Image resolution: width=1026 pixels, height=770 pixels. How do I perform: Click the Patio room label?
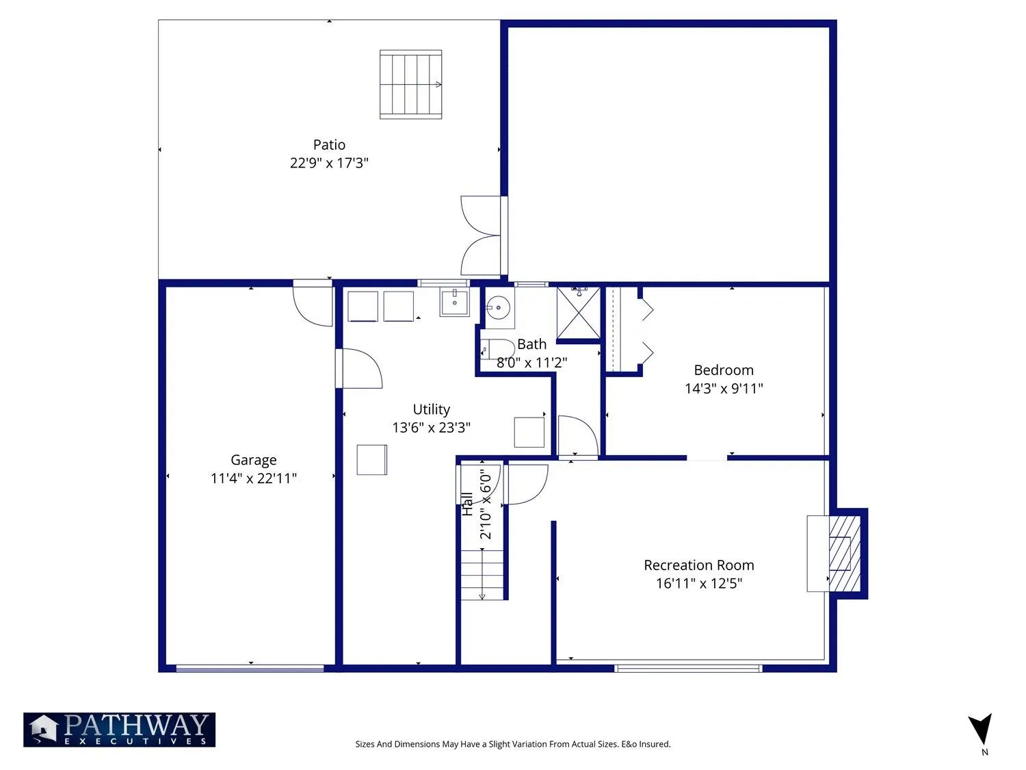coord(329,144)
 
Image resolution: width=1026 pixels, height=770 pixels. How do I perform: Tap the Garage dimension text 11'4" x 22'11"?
coord(254,478)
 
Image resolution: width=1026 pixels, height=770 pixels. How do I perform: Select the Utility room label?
coord(432,409)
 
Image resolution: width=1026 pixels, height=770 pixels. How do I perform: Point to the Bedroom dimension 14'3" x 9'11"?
coord(724,389)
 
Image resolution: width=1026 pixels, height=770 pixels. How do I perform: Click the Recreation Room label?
coord(699,565)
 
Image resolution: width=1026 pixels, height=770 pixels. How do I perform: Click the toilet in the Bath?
coord(491,349)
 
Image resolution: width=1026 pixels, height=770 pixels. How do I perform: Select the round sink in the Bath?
coord(498,307)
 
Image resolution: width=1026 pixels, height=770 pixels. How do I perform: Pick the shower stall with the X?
coord(578,313)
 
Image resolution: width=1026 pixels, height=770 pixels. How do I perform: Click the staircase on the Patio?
coord(410,85)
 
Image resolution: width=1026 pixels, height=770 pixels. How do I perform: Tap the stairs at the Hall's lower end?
coord(482,574)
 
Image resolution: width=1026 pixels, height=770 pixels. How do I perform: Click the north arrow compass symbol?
coord(981,730)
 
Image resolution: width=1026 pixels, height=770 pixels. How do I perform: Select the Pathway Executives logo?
coord(119,730)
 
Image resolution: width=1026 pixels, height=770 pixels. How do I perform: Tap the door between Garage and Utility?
coord(359,368)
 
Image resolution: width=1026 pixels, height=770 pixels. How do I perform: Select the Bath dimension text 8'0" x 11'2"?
coord(531,362)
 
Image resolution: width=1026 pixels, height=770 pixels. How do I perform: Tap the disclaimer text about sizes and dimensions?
coord(513,744)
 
